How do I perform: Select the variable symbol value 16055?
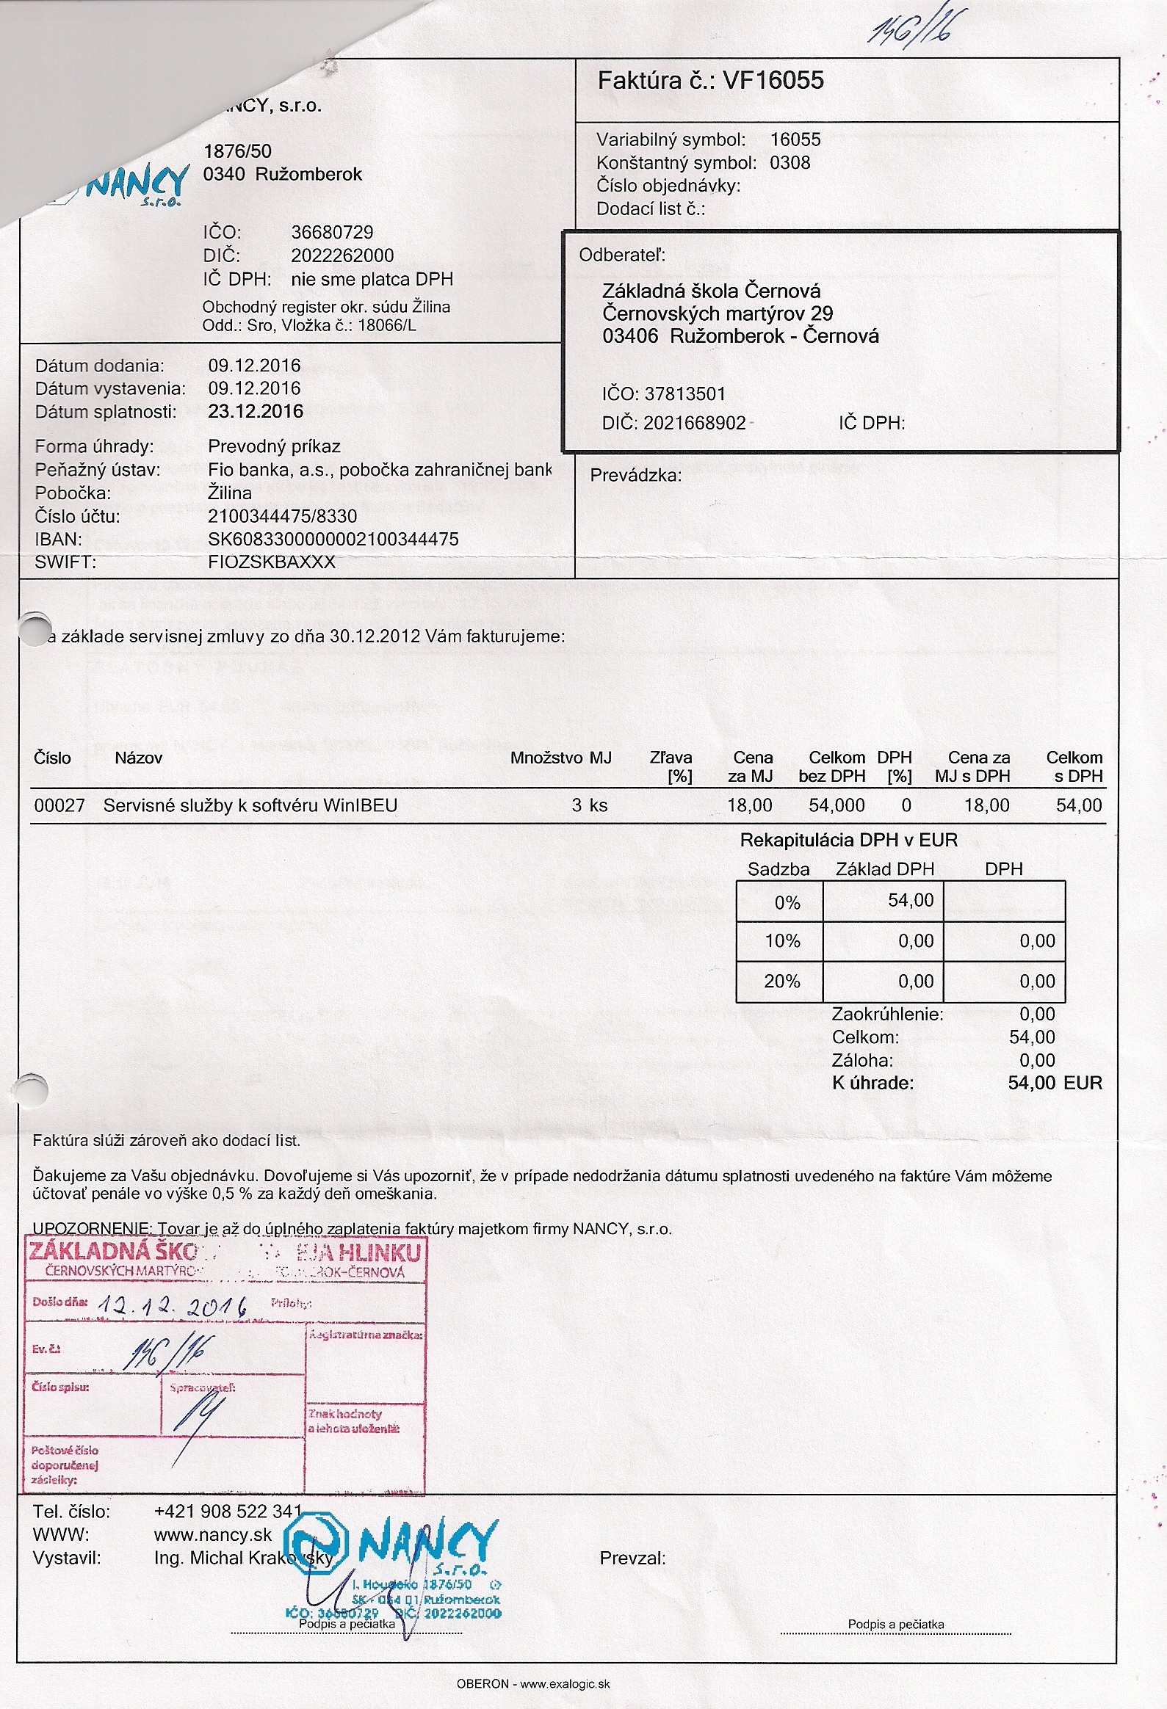point(795,139)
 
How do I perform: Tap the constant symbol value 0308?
point(790,162)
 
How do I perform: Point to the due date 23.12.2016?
point(256,411)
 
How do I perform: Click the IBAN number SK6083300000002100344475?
point(333,539)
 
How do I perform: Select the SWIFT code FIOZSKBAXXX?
point(272,562)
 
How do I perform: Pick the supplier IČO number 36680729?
point(332,233)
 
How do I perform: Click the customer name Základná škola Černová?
point(711,291)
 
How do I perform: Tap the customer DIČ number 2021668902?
point(694,423)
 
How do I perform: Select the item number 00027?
point(59,805)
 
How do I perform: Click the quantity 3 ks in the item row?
point(590,805)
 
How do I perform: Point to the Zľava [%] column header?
point(671,766)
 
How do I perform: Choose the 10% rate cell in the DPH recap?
point(781,941)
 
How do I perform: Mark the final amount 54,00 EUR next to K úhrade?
point(1055,1084)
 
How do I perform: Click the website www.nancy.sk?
point(213,1535)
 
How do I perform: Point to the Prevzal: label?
point(632,1558)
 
